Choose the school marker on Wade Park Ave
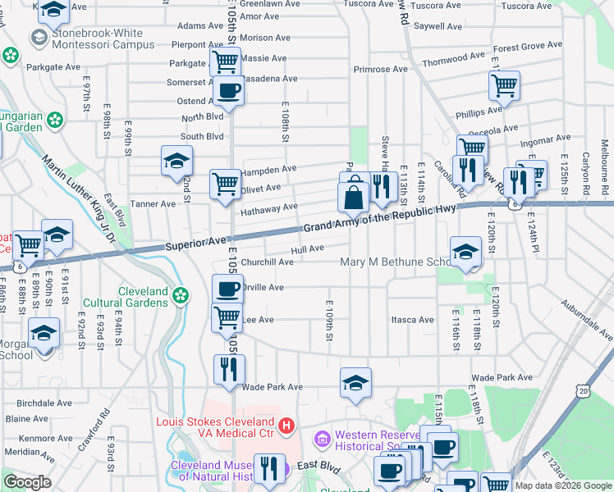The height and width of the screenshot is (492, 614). point(355,382)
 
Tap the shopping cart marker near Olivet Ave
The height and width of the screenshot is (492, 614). point(225,184)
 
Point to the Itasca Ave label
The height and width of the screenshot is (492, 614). point(412,320)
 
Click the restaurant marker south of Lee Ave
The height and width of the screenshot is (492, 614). point(228,369)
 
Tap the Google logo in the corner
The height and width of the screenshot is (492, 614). point(27,482)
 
